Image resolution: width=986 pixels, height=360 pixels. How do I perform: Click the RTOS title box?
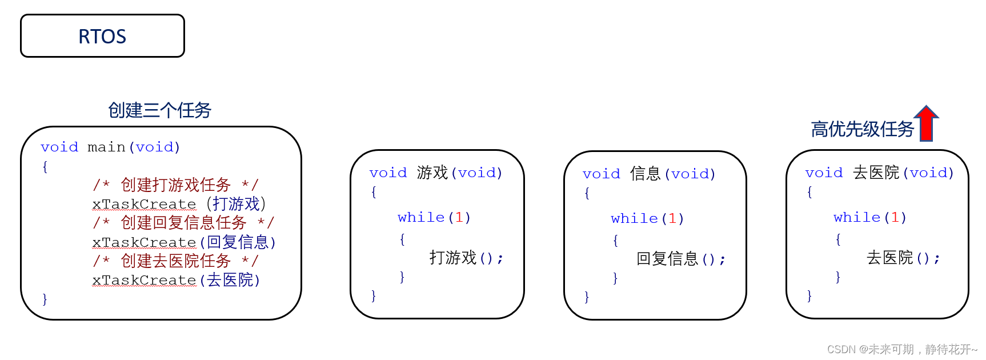pyautogui.click(x=102, y=36)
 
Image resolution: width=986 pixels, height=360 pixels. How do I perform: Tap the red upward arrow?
pyautogui.click(x=926, y=123)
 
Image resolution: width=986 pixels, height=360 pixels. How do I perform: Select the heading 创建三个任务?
pyautogui.click(x=159, y=110)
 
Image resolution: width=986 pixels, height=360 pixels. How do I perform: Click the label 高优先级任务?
pyautogui.click(x=862, y=129)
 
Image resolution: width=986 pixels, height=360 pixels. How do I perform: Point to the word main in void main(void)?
pyautogui.click(x=106, y=147)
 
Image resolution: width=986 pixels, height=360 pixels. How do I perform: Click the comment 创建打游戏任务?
pyautogui.click(x=175, y=185)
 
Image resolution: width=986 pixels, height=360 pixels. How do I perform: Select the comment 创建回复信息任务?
pyautogui.click(x=183, y=222)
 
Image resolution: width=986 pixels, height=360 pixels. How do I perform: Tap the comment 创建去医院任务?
pyautogui.click(x=175, y=261)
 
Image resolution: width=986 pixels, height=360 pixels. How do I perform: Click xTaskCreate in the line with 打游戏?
pyautogui.click(x=144, y=204)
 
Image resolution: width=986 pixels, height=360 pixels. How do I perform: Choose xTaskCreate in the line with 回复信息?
pyautogui.click(x=144, y=242)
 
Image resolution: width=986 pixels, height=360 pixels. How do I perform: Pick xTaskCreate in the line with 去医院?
pyautogui.click(x=144, y=280)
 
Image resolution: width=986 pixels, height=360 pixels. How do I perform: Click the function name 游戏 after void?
pyautogui.click(x=432, y=173)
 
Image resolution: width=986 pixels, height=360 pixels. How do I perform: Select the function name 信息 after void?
pyautogui.click(x=646, y=174)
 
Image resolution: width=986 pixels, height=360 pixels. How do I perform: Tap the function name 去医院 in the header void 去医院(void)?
pyautogui.click(x=876, y=173)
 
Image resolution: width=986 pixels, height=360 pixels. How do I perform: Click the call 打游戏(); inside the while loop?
pyautogui.click(x=466, y=258)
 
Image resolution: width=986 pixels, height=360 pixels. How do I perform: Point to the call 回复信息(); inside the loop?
pyautogui.click(x=680, y=259)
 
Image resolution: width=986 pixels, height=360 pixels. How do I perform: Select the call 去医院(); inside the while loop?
pyautogui.click(x=903, y=258)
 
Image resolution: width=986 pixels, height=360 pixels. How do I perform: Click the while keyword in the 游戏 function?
pyautogui.click(x=421, y=217)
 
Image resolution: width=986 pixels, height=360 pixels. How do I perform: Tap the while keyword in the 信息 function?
pyautogui.click(x=634, y=218)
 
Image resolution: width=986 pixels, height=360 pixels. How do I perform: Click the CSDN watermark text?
pyautogui.click(x=902, y=349)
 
